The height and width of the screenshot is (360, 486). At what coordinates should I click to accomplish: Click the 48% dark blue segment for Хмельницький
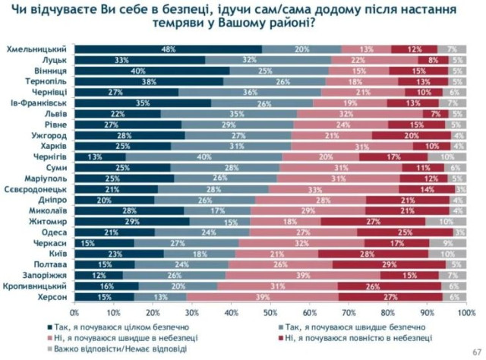[x=168, y=49]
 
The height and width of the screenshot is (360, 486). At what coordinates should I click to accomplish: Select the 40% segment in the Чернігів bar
[x=204, y=157]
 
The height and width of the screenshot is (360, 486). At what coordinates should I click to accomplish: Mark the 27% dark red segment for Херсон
[x=389, y=297]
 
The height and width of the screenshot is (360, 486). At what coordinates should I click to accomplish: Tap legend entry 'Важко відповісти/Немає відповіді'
[x=141, y=349]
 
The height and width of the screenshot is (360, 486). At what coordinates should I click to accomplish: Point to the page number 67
[x=476, y=350]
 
